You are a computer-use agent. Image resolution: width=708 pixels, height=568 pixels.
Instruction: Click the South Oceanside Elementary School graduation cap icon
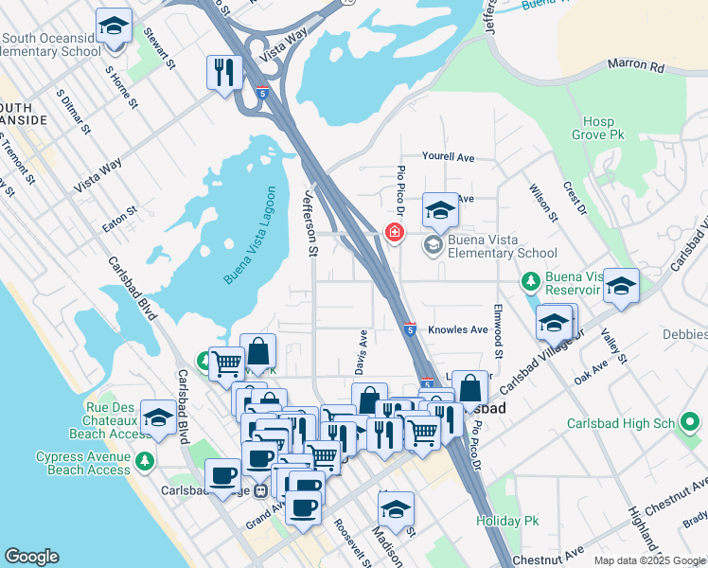coord(114,27)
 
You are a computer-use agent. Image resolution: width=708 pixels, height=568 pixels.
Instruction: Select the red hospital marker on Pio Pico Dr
coord(394,232)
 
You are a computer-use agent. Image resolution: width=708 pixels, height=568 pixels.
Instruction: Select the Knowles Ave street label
coord(457,329)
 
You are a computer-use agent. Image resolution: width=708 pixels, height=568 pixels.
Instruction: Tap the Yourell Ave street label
coord(448,157)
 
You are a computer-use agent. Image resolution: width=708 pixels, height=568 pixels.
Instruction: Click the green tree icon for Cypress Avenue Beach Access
coord(144,462)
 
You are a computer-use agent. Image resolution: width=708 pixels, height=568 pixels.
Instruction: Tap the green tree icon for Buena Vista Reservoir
coord(530,282)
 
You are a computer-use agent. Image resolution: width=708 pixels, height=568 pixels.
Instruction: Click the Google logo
coord(31,557)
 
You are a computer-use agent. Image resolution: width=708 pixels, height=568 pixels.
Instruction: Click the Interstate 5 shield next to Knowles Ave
coord(409,328)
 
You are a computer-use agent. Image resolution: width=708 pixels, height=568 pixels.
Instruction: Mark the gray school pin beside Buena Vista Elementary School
coord(434,246)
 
